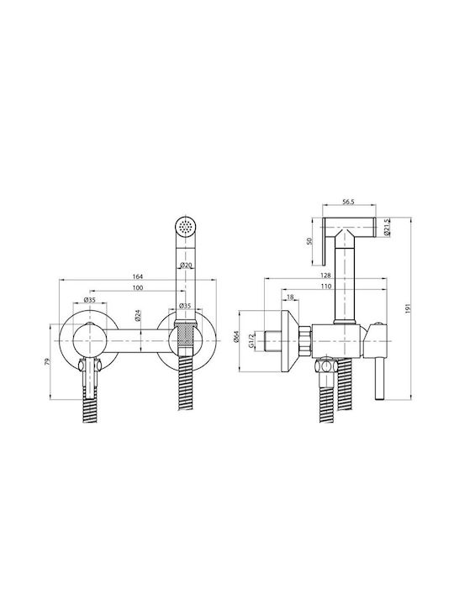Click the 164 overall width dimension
tap(137, 276)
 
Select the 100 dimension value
tap(137, 287)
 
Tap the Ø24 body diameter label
tap(137, 316)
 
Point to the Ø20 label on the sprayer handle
tap(187, 265)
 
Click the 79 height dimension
tap(47, 361)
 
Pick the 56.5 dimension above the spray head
tap(349, 201)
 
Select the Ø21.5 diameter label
tap(387, 227)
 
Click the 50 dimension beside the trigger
tap(309, 241)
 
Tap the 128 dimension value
tap(325, 276)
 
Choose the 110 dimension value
tap(325, 286)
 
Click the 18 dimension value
tap(291, 297)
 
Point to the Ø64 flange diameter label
tap(236, 336)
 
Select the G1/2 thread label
tap(251, 340)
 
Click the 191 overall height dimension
tap(409, 308)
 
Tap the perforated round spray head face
tap(186, 225)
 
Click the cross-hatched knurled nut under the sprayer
tap(186, 336)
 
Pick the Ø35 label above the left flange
tap(89, 300)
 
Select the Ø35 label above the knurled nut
tap(185, 306)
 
